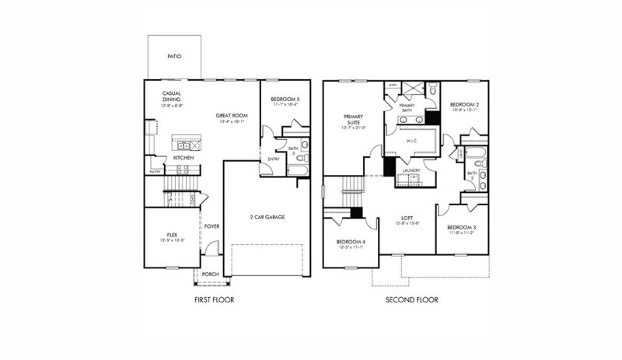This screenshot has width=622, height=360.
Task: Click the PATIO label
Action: point(176,58)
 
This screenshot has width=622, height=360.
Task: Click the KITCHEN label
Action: point(183,158)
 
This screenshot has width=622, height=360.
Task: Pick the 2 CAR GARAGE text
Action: point(266,217)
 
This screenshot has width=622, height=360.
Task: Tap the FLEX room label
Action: point(173,234)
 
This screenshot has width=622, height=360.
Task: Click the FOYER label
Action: point(211,226)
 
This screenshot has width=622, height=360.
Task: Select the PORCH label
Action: point(210,274)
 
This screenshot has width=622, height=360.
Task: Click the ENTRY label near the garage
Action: point(273,159)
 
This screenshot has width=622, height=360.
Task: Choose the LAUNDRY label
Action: point(411,170)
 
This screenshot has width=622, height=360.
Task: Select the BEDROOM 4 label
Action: point(350,242)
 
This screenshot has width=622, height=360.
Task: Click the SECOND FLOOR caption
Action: point(411,299)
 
